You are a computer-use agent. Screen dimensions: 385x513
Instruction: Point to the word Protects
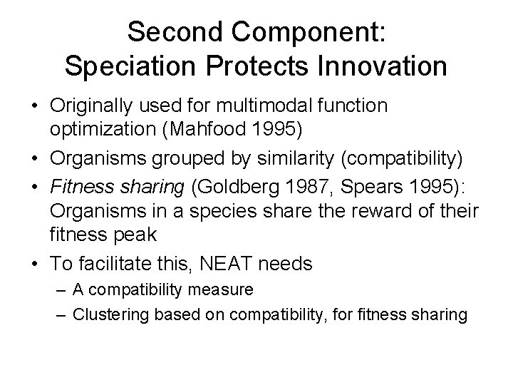pos(242,66)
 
